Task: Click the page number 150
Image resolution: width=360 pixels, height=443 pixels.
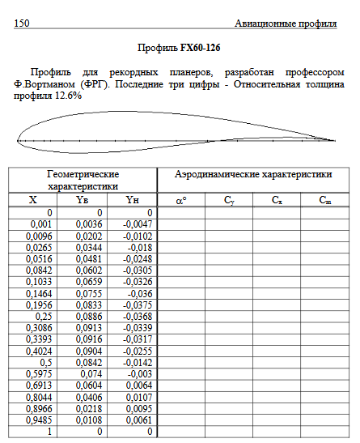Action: [x=22, y=23]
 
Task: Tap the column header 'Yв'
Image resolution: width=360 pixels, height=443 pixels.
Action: [x=81, y=200]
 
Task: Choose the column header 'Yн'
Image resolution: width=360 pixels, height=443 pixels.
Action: [x=132, y=200]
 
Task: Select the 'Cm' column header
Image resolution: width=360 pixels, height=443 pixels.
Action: [x=324, y=200]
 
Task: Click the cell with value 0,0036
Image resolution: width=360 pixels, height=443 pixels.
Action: [x=90, y=224]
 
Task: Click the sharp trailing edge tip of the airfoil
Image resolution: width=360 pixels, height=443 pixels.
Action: [x=334, y=141]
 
